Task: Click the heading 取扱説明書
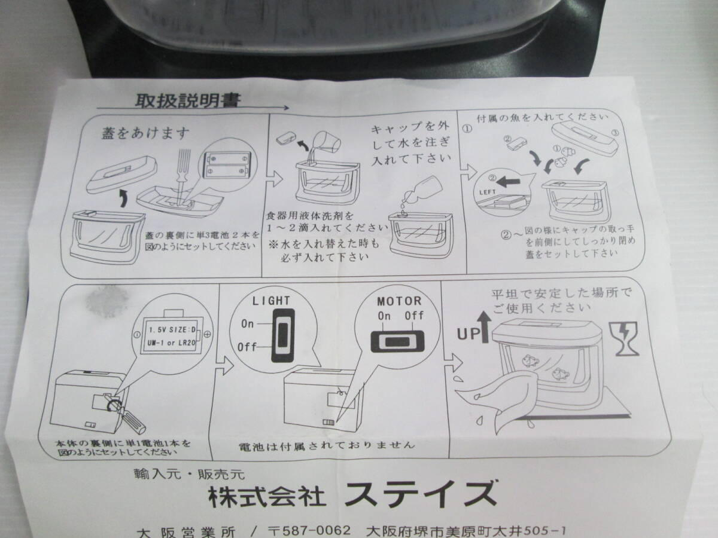(187, 100)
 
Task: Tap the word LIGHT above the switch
(271, 301)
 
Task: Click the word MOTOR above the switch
(400, 301)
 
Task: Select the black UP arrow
(483, 327)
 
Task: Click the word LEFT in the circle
(487, 192)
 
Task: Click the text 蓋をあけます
(145, 133)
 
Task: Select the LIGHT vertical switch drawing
(282, 335)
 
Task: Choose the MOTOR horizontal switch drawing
(397, 341)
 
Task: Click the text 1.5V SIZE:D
(172, 330)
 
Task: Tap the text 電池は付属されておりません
(327, 445)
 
